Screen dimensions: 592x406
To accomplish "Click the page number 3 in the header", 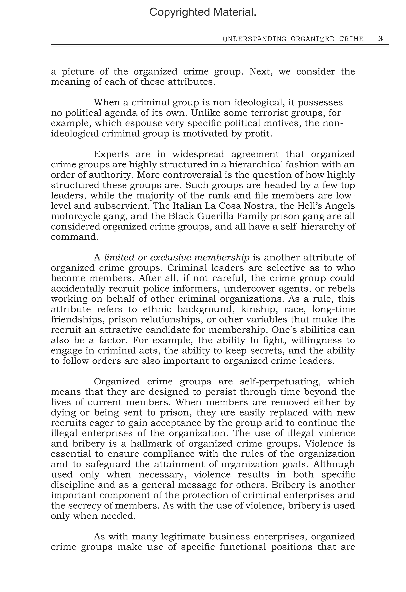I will (x=380, y=39).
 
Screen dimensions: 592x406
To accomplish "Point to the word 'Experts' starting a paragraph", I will (x=111, y=154).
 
